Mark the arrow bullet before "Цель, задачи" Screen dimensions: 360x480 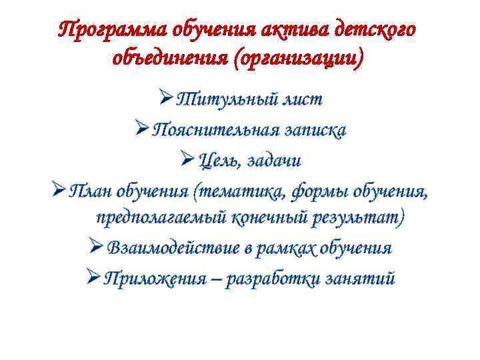[x=187, y=160]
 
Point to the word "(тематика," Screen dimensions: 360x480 [x=230, y=191]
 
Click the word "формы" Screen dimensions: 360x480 [x=301, y=191]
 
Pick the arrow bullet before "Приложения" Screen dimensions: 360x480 [x=93, y=277]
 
